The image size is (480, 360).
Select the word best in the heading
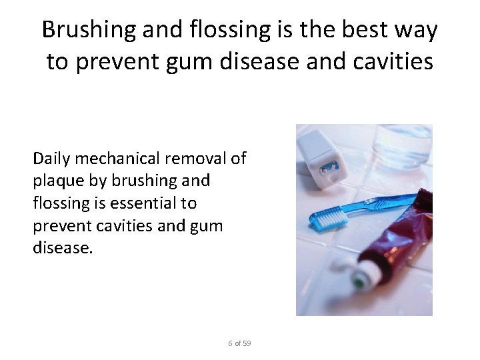(371, 30)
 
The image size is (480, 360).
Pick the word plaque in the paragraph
(54, 180)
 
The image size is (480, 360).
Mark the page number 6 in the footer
(230, 343)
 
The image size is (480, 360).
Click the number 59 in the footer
(247, 343)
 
